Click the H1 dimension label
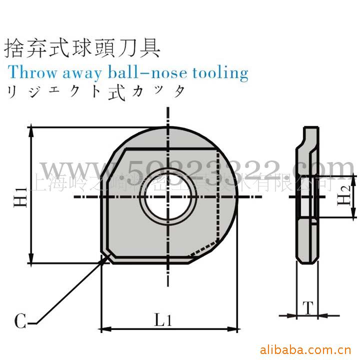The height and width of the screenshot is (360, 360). [19, 196]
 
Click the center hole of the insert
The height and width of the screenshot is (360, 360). [168, 196]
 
